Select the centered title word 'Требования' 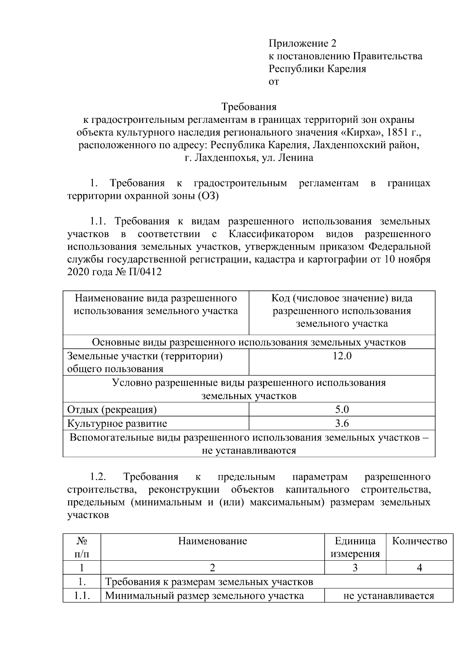(249, 107)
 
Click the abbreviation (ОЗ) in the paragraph (208, 196)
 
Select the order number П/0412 (144, 272)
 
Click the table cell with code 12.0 (342, 356)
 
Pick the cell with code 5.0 (342, 410)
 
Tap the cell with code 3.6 (342, 423)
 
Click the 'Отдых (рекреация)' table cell (112, 410)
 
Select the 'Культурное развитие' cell (117, 423)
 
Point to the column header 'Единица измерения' (355, 547)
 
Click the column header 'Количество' (419, 541)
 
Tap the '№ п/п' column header (81, 547)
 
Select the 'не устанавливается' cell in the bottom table (388, 596)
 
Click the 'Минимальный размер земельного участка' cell (204, 596)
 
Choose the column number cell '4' (419, 568)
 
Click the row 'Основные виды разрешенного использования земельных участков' (249, 342)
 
